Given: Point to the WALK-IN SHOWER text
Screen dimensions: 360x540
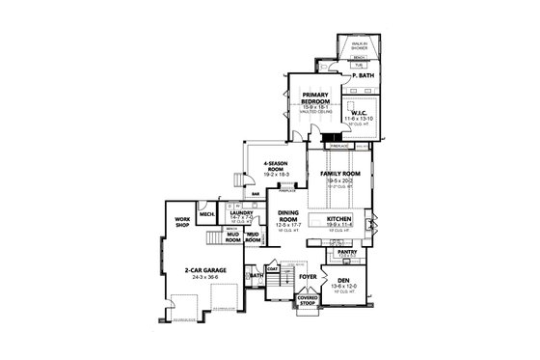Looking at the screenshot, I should tap(360, 45).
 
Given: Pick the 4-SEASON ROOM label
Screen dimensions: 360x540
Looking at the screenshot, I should tap(278, 166).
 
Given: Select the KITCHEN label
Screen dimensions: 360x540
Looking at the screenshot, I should tap(340, 221).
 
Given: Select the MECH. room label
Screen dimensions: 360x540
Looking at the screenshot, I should tap(205, 214).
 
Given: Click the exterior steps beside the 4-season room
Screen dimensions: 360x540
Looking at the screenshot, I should tap(241, 179).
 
